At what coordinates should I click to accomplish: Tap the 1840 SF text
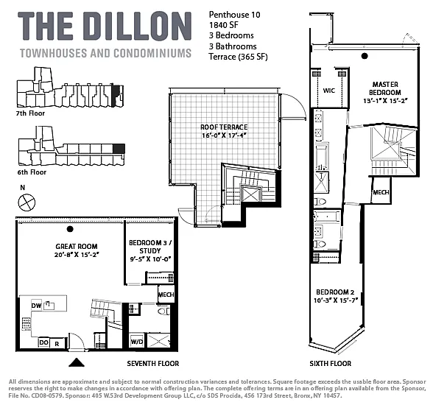pyautogui.click(x=223, y=25)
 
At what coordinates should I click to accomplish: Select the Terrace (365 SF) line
pyautogui.click(x=238, y=57)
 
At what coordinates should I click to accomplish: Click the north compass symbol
pyautogui.click(x=27, y=202)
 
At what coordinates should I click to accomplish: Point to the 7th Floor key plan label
pyautogui.click(x=30, y=113)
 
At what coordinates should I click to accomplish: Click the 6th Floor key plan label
pyautogui.click(x=32, y=172)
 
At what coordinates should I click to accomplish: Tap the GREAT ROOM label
pyautogui.click(x=77, y=247)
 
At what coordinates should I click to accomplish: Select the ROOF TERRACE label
pyautogui.click(x=224, y=127)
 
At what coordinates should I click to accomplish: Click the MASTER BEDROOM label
pyautogui.click(x=385, y=88)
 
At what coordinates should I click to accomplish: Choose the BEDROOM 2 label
pyautogui.click(x=335, y=292)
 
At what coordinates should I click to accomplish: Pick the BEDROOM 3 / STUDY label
pyautogui.click(x=150, y=247)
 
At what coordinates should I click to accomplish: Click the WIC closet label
pyautogui.click(x=329, y=91)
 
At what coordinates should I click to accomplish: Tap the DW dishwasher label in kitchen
pyautogui.click(x=37, y=306)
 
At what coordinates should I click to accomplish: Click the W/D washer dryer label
pyautogui.click(x=137, y=342)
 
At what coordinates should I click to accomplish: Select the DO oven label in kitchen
pyautogui.click(x=43, y=342)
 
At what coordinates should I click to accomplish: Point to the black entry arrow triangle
pyautogui.click(x=77, y=362)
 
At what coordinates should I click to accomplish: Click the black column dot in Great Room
pyautogui.click(x=70, y=229)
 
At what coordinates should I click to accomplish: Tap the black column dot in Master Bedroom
pyautogui.click(x=365, y=56)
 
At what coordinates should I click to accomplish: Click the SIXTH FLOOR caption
pyautogui.click(x=330, y=364)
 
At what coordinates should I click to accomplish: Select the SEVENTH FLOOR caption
pyautogui.click(x=153, y=364)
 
